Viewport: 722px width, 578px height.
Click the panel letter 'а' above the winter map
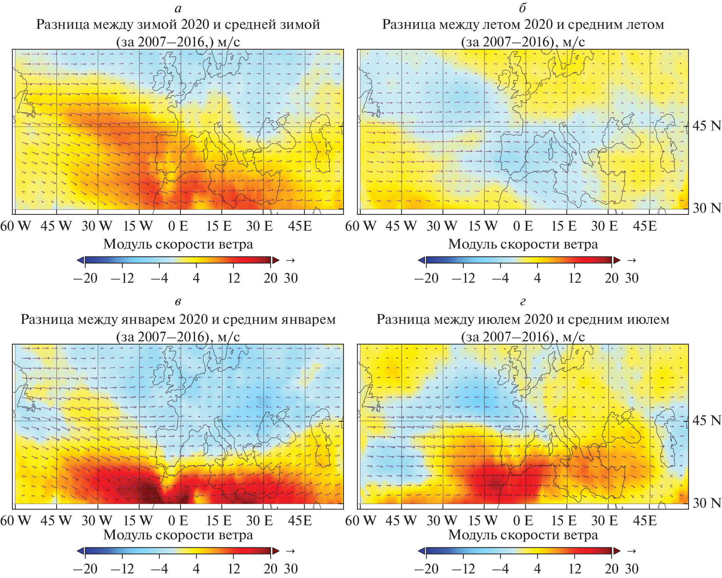click(178, 8)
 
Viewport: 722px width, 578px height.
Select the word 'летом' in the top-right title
click(501, 25)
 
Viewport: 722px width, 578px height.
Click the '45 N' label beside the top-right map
click(707, 126)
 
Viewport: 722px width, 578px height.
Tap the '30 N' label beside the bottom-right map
click(707, 503)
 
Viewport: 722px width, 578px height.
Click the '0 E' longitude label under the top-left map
click(178, 226)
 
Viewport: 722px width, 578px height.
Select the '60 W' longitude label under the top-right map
click(360, 226)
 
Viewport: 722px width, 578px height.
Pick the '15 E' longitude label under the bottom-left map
click(219, 521)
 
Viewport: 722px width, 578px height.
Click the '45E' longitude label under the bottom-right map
click(645, 521)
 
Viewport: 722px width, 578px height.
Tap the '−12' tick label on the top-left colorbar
click(122, 278)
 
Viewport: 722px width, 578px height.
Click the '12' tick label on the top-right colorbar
click(575, 278)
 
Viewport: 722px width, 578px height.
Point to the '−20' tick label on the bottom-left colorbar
click(85, 569)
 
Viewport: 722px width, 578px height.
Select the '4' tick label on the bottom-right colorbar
click(537, 569)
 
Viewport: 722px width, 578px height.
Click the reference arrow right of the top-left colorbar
click(290, 261)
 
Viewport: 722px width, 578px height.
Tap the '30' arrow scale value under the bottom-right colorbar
click(632, 569)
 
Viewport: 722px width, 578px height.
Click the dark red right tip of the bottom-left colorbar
click(275, 551)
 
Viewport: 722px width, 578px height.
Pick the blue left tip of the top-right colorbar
click(422, 260)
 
